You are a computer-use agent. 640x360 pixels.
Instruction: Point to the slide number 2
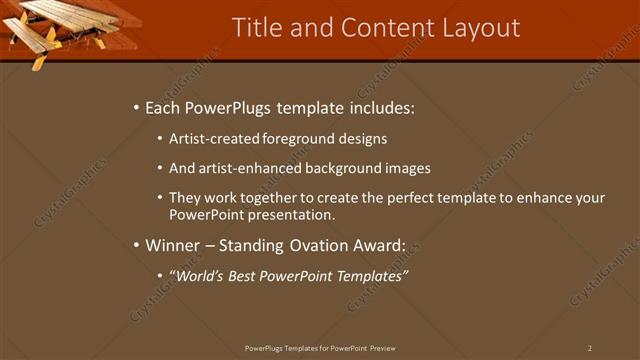[590, 348]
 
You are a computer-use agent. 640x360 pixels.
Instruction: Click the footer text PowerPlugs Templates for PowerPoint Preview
[320, 348]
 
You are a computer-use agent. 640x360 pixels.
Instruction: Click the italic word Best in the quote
[250, 276]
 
